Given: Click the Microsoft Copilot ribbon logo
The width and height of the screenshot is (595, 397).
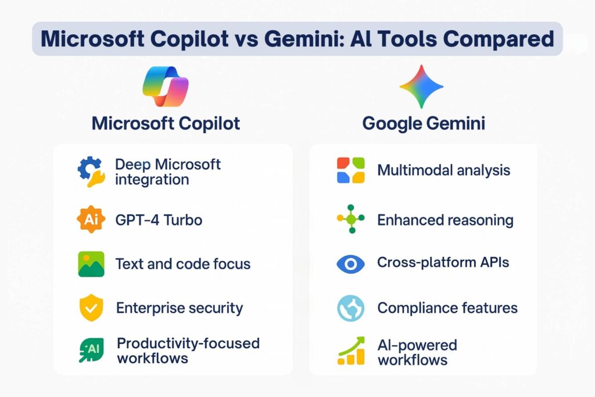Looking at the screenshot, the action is pos(166,87).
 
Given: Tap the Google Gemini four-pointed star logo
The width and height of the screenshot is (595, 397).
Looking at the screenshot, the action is pos(421,87).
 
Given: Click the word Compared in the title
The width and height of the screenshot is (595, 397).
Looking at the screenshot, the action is pos(498,39).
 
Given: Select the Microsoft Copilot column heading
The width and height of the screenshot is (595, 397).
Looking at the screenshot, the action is pos(166,123).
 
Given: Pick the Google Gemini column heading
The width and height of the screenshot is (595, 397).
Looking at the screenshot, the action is pos(424,123).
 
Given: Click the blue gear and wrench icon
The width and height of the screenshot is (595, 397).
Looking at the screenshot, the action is pos(91,171).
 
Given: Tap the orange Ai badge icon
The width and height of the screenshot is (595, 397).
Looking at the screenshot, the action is pos(91,219).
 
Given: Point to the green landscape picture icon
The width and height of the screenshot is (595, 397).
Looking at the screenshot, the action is pos(91,264).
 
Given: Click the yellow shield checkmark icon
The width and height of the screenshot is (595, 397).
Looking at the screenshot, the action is pos(91,307).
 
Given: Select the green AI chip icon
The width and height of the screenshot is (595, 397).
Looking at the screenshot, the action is pos(91,350).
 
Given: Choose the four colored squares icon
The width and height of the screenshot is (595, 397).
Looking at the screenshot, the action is pos(350,170).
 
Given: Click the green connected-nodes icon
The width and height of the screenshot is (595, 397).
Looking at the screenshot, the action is pos(351,219).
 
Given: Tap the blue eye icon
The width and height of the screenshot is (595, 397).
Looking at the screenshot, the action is pos(350,264).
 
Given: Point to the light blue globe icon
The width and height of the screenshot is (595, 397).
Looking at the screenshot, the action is pos(350,308).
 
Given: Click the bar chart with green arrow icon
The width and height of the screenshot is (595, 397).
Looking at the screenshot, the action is pos(351,350).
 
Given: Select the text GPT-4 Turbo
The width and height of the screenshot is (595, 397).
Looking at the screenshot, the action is pos(159,220).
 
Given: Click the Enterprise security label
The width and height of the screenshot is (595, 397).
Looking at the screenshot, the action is pos(180,308).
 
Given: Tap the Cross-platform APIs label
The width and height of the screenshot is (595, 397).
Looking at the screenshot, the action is pos(443,262).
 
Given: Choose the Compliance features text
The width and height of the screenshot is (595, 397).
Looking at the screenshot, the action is pos(447,308).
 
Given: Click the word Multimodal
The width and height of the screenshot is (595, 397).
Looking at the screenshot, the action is pos(415,170).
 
